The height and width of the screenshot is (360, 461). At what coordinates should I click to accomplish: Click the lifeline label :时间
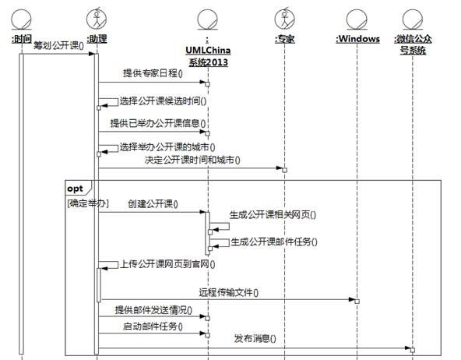click(x=22, y=39)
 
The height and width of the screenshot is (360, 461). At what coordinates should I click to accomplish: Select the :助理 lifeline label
click(x=97, y=39)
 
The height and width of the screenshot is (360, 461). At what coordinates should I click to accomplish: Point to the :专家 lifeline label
click(x=284, y=39)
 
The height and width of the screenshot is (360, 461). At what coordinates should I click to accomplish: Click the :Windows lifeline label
click(x=357, y=39)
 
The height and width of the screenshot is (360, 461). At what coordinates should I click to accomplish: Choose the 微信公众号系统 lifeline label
click(x=413, y=44)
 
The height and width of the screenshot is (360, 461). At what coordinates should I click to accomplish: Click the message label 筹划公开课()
click(x=58, y=46)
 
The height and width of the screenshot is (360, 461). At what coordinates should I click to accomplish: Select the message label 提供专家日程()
click(x=153, y=73)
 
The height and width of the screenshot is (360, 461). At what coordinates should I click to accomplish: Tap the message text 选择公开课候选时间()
click(x=163, y=101)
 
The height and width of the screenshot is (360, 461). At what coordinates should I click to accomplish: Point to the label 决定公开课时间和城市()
click(x=192, y=160)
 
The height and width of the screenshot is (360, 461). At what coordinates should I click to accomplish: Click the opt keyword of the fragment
click(x=75, y=189)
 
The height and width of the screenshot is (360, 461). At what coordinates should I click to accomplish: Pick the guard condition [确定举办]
click(x=88, y=203)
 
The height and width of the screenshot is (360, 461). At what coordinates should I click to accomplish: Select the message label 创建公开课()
click(x=153, y=204)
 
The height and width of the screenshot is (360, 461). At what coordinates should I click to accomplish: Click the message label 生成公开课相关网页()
click(x=273, y=215)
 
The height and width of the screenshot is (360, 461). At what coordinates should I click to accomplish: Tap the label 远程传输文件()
click(x=228, y=292)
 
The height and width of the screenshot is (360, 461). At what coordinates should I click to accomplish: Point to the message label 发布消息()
click(x=255, y=338)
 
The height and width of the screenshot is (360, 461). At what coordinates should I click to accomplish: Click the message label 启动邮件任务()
click(x=153, y=326)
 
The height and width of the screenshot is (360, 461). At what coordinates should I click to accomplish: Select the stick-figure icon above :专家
click(x=284, y=19)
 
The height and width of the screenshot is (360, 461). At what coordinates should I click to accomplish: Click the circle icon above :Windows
click(x=357, y=19)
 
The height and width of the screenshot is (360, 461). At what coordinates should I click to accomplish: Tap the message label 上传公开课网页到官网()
click(x=167, y=264)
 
